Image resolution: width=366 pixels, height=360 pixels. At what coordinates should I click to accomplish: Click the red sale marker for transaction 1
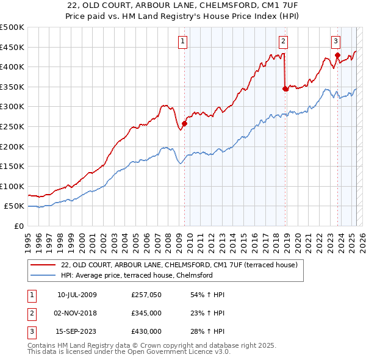click(x=184, y=123)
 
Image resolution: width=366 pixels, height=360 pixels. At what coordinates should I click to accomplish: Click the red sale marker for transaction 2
click(x=285, y=88)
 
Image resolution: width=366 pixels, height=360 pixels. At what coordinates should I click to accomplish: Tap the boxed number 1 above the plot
click(x=183, y=41)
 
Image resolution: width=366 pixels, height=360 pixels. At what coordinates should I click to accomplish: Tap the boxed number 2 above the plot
click(x=284, y=41)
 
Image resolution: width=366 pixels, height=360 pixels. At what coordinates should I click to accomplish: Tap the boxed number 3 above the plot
click(x=336, y=41)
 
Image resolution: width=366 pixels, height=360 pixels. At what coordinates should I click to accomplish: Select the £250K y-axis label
click(x=12, y=126)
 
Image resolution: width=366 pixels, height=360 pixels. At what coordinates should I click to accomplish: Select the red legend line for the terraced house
click(x=43, y=265)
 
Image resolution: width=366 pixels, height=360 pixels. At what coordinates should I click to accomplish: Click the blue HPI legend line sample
click(x=43, y=275)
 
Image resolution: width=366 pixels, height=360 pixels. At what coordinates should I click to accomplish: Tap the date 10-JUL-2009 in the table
click(x=77, y=295)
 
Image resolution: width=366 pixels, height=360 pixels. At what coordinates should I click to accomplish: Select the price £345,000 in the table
click(x=146, y=313)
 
